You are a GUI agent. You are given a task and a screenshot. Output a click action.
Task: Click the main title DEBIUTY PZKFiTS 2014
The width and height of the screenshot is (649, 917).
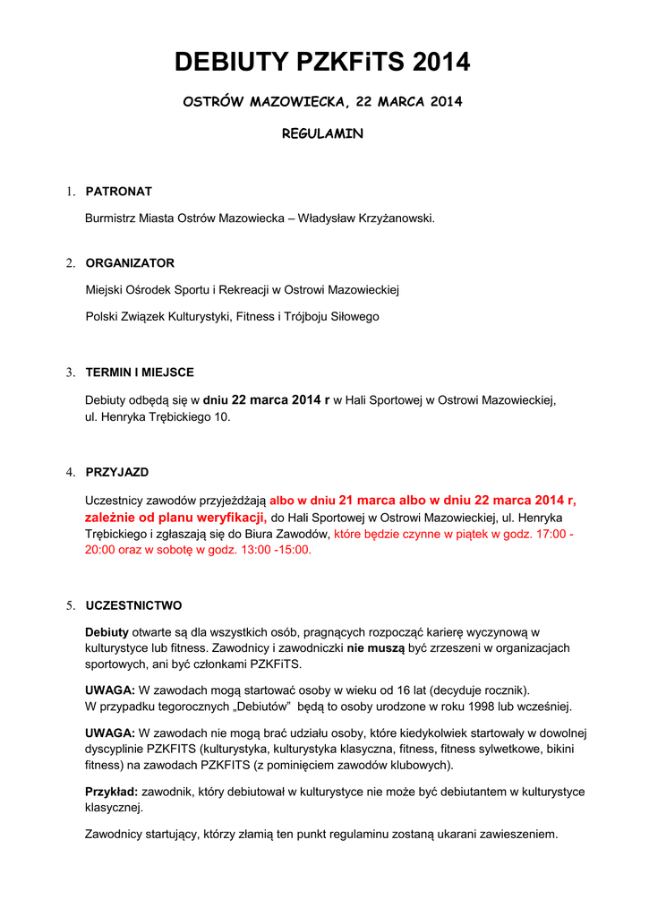point(322,63)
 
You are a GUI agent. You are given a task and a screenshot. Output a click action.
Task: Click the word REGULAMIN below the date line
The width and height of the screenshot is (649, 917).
point(322,133)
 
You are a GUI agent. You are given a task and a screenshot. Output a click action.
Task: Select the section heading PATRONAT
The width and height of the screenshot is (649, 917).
point(118,191)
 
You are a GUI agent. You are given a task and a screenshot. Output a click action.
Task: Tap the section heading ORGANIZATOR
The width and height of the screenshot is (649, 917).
point(130,263)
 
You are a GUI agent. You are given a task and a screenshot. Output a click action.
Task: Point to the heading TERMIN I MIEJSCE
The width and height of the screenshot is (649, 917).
point(140,373)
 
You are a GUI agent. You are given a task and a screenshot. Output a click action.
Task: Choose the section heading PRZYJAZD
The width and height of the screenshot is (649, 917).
point(117,472)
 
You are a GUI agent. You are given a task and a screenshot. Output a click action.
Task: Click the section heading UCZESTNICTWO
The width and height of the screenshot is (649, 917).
point(133,606)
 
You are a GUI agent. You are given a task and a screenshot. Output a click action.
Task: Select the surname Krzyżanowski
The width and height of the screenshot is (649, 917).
point(391,218)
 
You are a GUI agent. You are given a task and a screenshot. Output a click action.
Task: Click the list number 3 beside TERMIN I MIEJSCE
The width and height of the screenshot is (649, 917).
point(69,373)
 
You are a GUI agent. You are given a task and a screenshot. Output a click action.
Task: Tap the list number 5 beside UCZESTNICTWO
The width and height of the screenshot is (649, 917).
point(69,606)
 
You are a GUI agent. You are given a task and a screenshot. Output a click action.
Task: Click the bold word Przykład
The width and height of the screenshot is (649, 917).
point(111,792)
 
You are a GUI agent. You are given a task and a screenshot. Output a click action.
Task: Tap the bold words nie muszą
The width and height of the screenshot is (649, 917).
point(375,647)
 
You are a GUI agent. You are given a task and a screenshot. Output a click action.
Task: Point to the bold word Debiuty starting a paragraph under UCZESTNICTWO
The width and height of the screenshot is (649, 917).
point(107,631)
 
